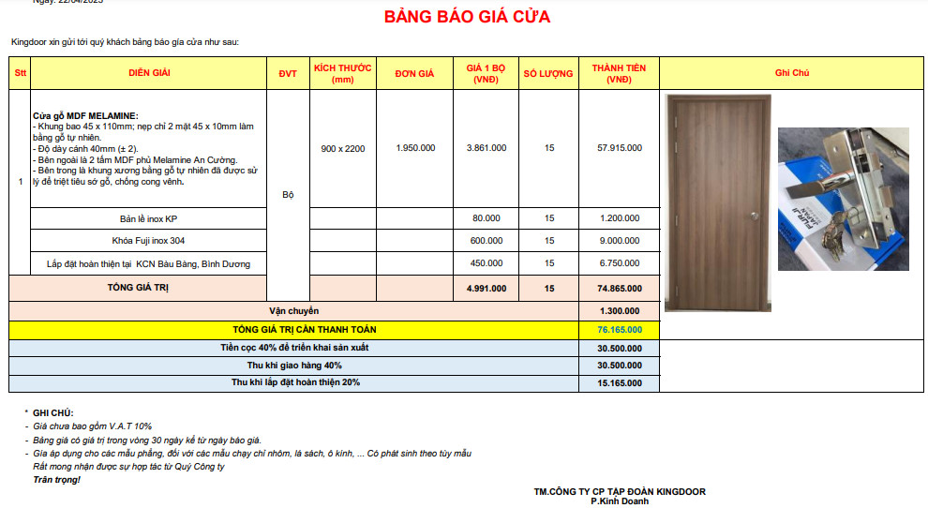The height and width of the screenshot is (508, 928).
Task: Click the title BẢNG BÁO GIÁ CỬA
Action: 467,17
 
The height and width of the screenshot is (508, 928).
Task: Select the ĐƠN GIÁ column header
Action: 414,73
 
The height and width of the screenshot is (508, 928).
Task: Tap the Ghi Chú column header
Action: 792,73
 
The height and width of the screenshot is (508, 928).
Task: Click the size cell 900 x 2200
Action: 342,148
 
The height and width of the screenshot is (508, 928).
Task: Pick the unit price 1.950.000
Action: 414,147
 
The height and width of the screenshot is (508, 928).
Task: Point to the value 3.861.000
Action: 486,147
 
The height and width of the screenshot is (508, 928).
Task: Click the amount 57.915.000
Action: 620,147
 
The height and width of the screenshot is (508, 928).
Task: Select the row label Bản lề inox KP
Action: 148,218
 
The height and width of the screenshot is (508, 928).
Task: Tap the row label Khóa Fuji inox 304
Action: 148,241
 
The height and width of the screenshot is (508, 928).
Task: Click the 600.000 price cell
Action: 486,241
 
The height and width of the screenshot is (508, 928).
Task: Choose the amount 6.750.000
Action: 620,263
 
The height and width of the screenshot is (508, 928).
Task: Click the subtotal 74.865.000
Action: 620,288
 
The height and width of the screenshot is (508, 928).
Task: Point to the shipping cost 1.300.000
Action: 620,310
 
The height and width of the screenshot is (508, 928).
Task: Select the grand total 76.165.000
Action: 620,330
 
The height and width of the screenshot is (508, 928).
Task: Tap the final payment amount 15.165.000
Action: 620,382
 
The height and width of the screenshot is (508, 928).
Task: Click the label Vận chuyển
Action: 293,310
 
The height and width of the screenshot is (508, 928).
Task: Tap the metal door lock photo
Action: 843,199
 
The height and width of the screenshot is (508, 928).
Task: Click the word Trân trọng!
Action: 56,480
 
